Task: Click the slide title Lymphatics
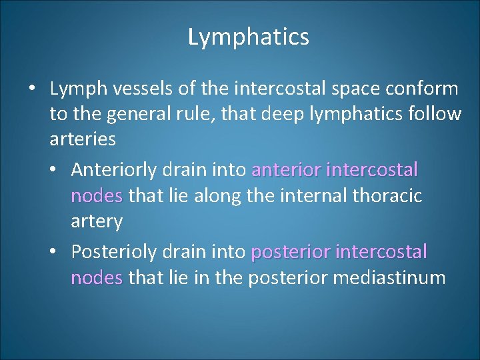(249, 37)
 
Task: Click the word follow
(433, 115)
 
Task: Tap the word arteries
(83, 140)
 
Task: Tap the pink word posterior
(291, 252)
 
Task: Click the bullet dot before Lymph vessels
(31, 89)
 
